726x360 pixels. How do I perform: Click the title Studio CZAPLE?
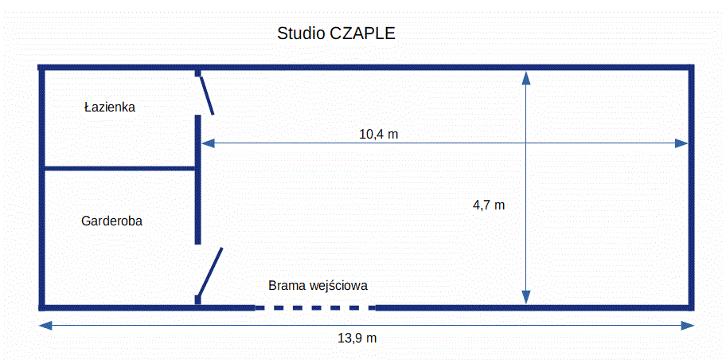(x=336, y=33)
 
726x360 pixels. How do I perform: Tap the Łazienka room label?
(x=110, y=108)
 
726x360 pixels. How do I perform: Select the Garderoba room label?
(x=111, y=221)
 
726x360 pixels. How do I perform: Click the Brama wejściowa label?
(x=318, y=285)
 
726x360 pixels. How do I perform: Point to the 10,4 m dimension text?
(x=379, y=135)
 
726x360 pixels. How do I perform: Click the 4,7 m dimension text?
(x=489, y=205)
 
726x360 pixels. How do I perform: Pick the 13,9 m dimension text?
(x=357, y=338)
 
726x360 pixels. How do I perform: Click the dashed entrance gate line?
(x=315, y=307)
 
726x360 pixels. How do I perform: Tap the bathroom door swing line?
(x=206, y=95)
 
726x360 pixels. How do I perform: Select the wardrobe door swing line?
(x=210, y=272)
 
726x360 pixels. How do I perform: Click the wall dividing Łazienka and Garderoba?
(x=120, y=168)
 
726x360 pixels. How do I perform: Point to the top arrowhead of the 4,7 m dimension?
(x=526, y=78)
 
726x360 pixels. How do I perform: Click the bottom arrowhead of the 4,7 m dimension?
(x=526, y=297)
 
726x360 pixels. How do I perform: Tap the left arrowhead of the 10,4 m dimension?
(x=208, y=143)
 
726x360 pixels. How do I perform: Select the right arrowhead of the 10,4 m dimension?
(x=681, y=143)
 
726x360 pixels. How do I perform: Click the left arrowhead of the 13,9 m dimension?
(x=45, y=325)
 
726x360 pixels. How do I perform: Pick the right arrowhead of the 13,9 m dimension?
(x=688, y=325)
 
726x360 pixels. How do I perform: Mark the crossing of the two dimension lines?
(x=526, y=143)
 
